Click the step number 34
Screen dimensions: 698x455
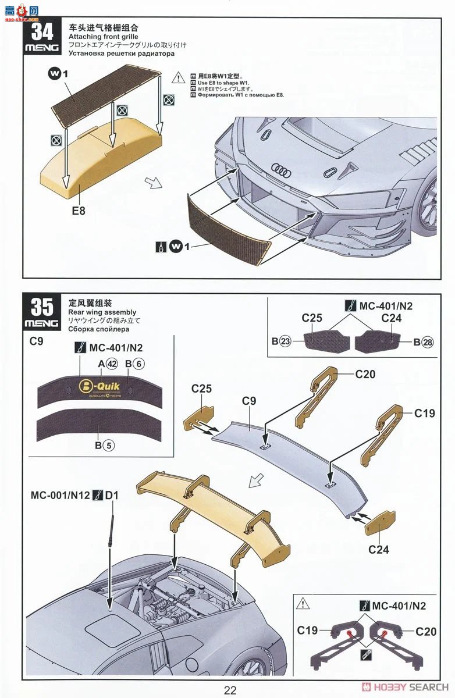[x=42, y=31]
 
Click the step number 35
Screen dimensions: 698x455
[x=42, y=307]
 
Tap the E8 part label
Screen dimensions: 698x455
[x=79, y=211]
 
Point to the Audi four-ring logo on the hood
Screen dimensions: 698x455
[x=281, y=169]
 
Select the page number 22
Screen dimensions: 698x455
[x=230, y=690]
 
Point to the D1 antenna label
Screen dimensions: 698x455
[x=112, y=496]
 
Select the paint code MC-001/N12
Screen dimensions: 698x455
[x=61, y=496]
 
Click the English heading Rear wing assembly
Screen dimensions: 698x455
[x=102, y=312]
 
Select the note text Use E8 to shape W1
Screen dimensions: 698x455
[x=223, y=83]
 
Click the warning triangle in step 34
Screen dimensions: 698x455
[x=178, y=77]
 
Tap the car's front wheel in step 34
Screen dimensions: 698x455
[x=430, y=203]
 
